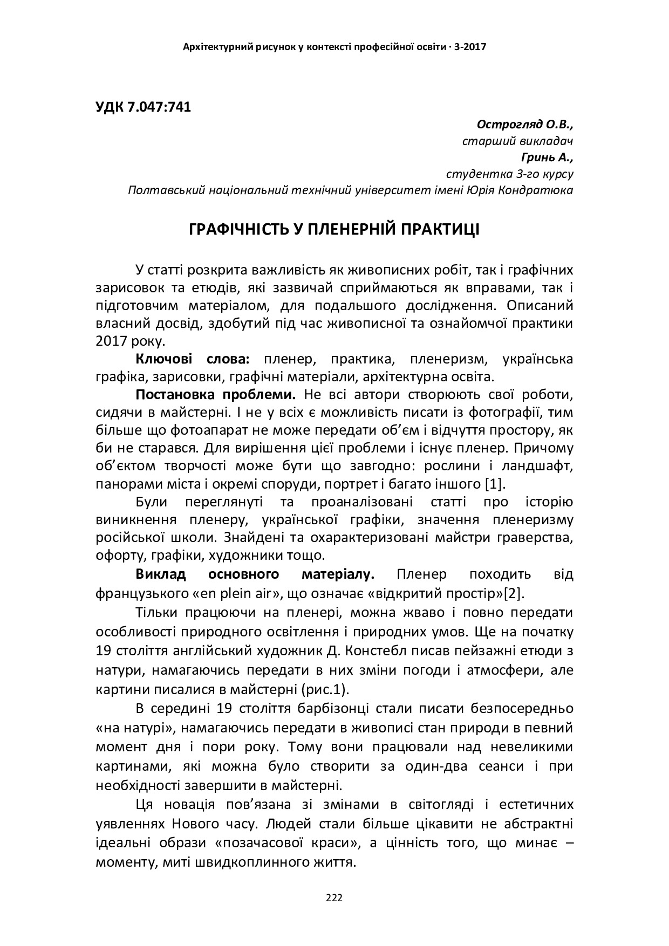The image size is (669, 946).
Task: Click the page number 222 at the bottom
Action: click(x=334, y=898)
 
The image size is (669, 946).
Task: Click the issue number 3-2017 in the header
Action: click(x=470, y=47)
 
